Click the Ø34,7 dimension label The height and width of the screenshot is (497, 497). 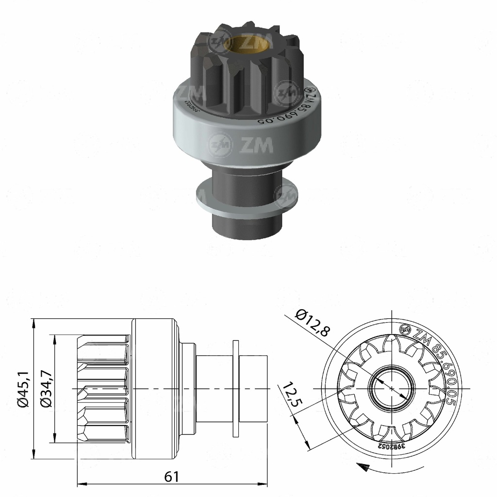coord(47,388)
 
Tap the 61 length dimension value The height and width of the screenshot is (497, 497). coord(172,477)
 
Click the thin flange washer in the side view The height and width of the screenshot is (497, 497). coord(236,388)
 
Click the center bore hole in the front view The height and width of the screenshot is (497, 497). coord(391,388)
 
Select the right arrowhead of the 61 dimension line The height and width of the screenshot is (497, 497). coord(266,483)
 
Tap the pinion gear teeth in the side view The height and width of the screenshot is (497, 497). coord(104,388)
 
